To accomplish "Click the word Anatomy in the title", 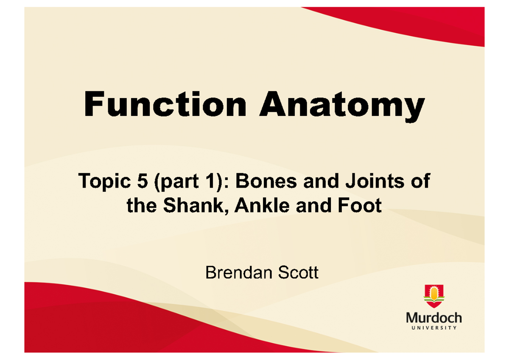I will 342,106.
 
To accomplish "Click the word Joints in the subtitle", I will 374,183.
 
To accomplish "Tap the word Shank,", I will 178,206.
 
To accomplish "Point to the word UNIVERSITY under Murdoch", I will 433,328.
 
